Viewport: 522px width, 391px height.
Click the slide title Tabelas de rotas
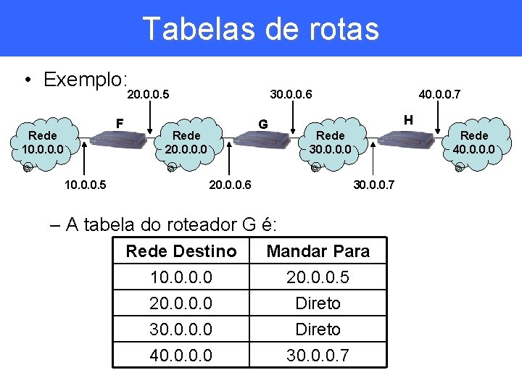pyautogui.click(x=261, y=29)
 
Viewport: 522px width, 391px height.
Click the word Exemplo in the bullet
pyautogui.click(x=86, y=79)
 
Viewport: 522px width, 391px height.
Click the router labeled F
pyautogui.click(x=120, y=140)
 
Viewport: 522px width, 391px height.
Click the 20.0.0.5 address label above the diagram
pyautogui.click(x=148, y=94)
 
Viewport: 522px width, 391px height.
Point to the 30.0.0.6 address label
pyautogui.click(x=291, y=94)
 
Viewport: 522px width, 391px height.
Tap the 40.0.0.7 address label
pyautogui.click(x=441, y=94)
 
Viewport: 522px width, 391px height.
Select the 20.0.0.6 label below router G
pyautogui.click(x=230, y=185)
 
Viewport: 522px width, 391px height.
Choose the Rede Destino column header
pyautogui.click(x=181, y=251)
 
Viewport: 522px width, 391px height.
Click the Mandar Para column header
pyautogui.click(x=318, y=251)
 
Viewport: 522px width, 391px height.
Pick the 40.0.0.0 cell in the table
pyautogui.click(x=181, y=356)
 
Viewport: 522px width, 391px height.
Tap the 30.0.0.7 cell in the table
pyautogui.click(x=318, y=356)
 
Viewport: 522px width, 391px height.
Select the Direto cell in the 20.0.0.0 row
pyautogui.click(x=318, y=303)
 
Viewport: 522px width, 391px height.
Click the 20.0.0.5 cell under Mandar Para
pyautogui.click(x=318, y=277)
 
